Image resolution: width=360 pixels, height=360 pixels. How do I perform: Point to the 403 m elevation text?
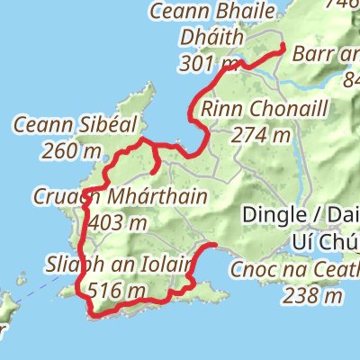(119, 220)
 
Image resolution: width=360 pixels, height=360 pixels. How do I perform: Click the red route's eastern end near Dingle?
(217, 245)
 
